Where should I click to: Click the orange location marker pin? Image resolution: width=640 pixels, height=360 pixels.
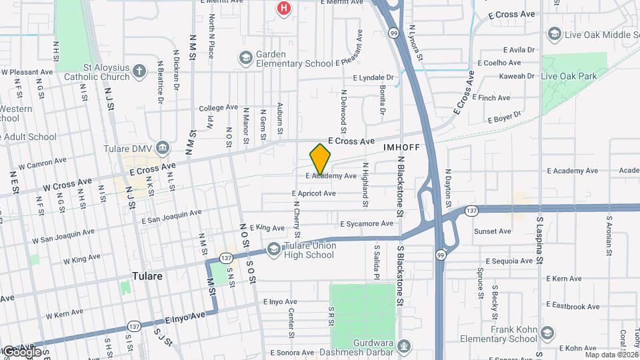(321, 159)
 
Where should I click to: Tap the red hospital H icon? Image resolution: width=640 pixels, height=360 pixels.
(285, 8)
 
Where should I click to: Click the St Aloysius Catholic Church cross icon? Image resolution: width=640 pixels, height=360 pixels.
(139, 71)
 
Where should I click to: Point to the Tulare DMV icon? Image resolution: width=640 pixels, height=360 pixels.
(163, 147)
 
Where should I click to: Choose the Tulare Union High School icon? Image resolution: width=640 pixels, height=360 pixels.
(273, 250)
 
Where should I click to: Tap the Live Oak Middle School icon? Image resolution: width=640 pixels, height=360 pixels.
(553, 33)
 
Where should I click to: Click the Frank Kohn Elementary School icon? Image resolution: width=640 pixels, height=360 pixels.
(547, 333)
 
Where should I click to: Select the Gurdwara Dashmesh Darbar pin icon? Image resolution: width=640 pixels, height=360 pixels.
(403, 346)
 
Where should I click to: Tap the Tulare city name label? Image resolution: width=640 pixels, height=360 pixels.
(147, 275)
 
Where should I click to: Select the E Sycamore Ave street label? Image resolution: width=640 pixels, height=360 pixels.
(367, 224)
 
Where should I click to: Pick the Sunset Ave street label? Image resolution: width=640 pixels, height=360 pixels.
(492, 231)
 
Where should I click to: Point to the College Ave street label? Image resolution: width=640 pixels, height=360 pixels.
(218, 107)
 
